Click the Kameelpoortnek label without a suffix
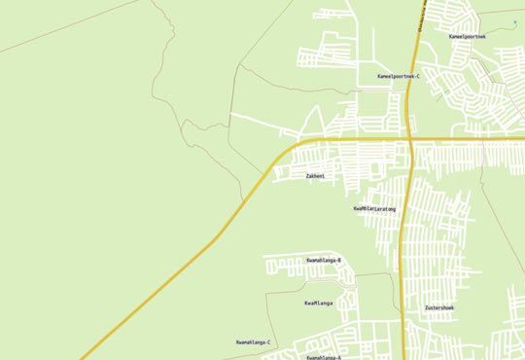[468, 36]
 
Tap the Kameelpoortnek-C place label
[398, 75]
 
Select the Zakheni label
[315, 176]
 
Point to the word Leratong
[384, 208]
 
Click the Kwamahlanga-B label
[324, 261]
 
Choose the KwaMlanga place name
[319, 304]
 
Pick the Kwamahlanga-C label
[254, 342]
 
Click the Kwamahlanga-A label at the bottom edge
[324, 357]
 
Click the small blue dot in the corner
[514, 21]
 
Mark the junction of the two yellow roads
[411, 141]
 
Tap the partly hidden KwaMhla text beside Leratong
[364, 208]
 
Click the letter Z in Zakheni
[307, 176]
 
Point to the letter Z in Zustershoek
[426, 307]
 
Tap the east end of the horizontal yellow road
[523, 141]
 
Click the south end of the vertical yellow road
[402, 358]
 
